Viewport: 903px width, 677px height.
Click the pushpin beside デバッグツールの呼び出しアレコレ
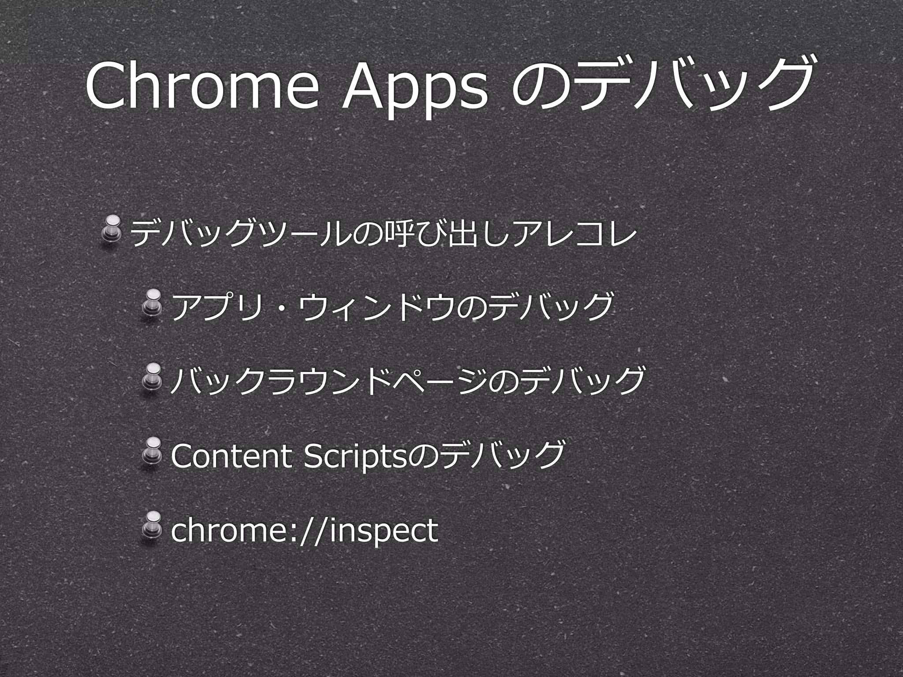pyautogui.click(x=113, y=229)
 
